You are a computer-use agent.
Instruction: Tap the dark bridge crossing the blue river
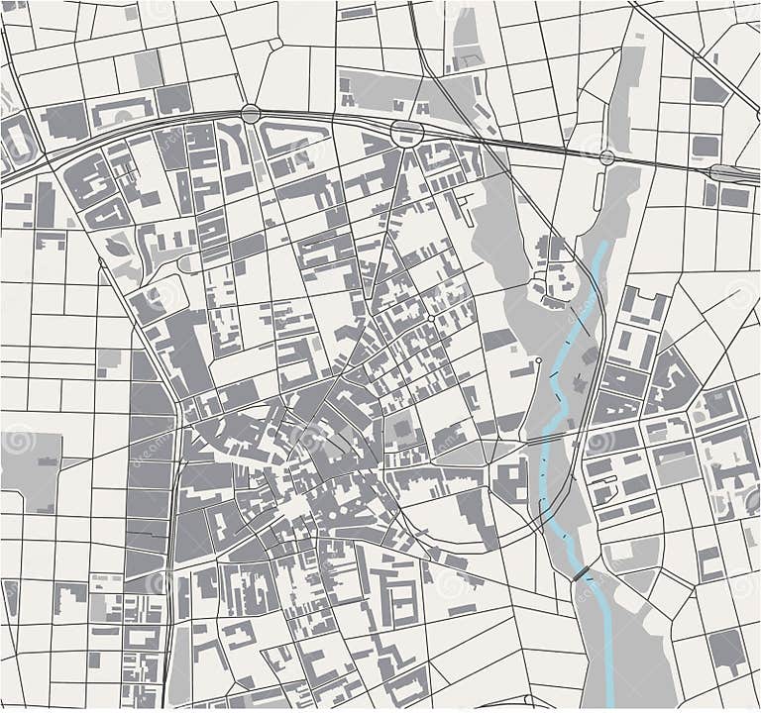(580, 573)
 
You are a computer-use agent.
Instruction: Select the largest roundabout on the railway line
(406, 133)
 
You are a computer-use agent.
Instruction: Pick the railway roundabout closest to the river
(606, 156)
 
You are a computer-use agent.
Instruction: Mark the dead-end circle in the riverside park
(538, 359)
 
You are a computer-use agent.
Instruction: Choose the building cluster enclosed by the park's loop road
(551, 273)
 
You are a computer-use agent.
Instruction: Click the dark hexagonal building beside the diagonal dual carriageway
(709, 90)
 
